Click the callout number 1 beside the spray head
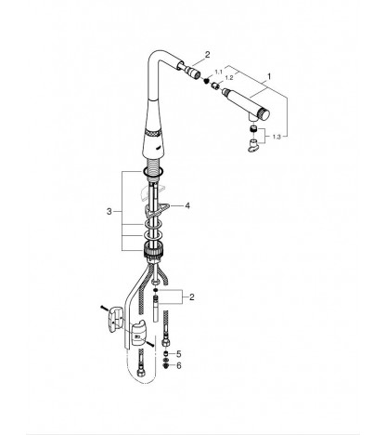269,76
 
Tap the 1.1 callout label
219,72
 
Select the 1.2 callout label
229,78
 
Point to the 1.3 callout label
277,137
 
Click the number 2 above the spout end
207,55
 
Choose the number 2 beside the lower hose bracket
192,297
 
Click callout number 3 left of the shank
109,212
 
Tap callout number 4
187,205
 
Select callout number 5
179,354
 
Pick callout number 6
179,366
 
